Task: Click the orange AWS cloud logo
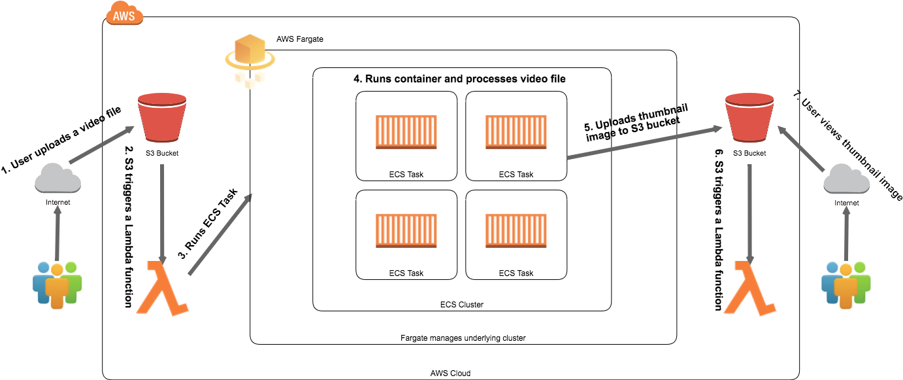124,14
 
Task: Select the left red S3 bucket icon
162,117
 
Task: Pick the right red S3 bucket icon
749,117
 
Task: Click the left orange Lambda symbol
163,288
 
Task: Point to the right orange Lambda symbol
750,288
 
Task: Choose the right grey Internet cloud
847,179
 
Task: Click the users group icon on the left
57,285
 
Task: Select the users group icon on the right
846,285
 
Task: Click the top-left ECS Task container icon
406,132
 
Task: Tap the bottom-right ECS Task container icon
516,231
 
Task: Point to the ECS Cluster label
462,305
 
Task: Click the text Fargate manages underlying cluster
463,338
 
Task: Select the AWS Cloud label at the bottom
450,373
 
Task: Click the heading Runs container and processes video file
459,78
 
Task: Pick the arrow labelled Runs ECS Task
220,234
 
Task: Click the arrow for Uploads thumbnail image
645,143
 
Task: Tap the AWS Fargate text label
300,39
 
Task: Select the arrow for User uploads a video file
101,145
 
